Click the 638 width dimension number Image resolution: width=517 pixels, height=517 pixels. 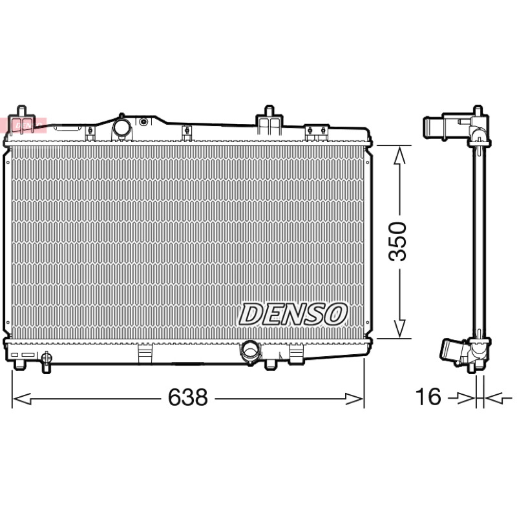pyautogui.click(x=188, y=397)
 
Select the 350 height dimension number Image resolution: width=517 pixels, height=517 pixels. pyautogui.click(x=397, y=242)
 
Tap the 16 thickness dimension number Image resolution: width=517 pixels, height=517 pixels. pyautogui.click(x=428, y=396)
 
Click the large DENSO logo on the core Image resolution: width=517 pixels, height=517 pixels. pyautogui.click(x=293, y=314)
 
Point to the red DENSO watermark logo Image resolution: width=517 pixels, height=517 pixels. pyautogui.click(x=28, y=125)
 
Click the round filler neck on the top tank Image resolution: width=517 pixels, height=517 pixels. pyautogui.click(x=122, y=128)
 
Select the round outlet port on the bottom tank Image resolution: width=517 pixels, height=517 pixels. pyautogui.click(x=251, y=351)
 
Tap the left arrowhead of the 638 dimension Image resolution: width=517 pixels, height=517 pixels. pyautogui.click(x=22, y=399)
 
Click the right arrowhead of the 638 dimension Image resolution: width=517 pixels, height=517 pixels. pyautogui.click(x=354, y=399)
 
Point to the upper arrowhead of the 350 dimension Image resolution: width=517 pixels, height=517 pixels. pyautogui.click(x=399, y=155)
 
